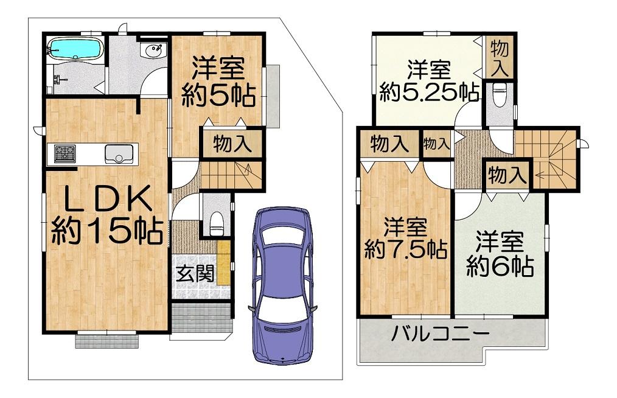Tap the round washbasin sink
pyautogui.click(x=153, y=51)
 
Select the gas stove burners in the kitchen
pyautogui.click(x=65, y=153)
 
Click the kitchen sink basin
pyautogui.click(x=119, y=153)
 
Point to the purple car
pyautogui.click(x=282, y=286)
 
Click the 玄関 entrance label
pyautogui.click(x=195, y=274)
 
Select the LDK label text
pyautogui.click(x=107, y=199)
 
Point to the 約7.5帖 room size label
pyautogui.click(x=406, y=249)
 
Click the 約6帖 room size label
pyautogui.click(x=500, y=267)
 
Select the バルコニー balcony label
pyautogui.click(x=441, y=334)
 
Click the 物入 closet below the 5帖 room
pyautogui.click(x=232, y=144)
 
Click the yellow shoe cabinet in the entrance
pyautogui.click(x=223, y=262)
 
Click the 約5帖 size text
pyautogui.click(x=219, y=95)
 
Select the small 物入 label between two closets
pyautogui.click(x=437, y=144)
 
